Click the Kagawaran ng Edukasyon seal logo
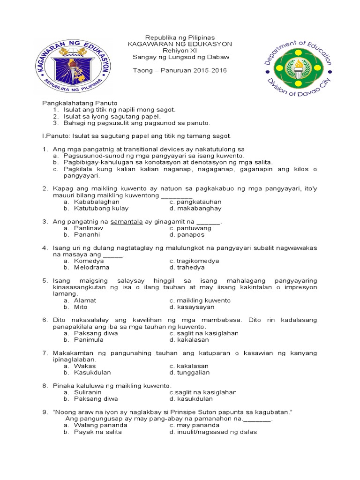coord(72,65)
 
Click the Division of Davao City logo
coord(298,67)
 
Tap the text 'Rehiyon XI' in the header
coord(180,51)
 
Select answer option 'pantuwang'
coord(194,228)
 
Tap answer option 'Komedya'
coord(89,261)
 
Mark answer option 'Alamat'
coord(85,300)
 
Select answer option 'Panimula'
coord(89,340)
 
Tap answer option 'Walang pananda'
coord(101,425)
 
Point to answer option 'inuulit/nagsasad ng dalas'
coord(216,432)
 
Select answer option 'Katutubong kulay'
coord(101,209)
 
